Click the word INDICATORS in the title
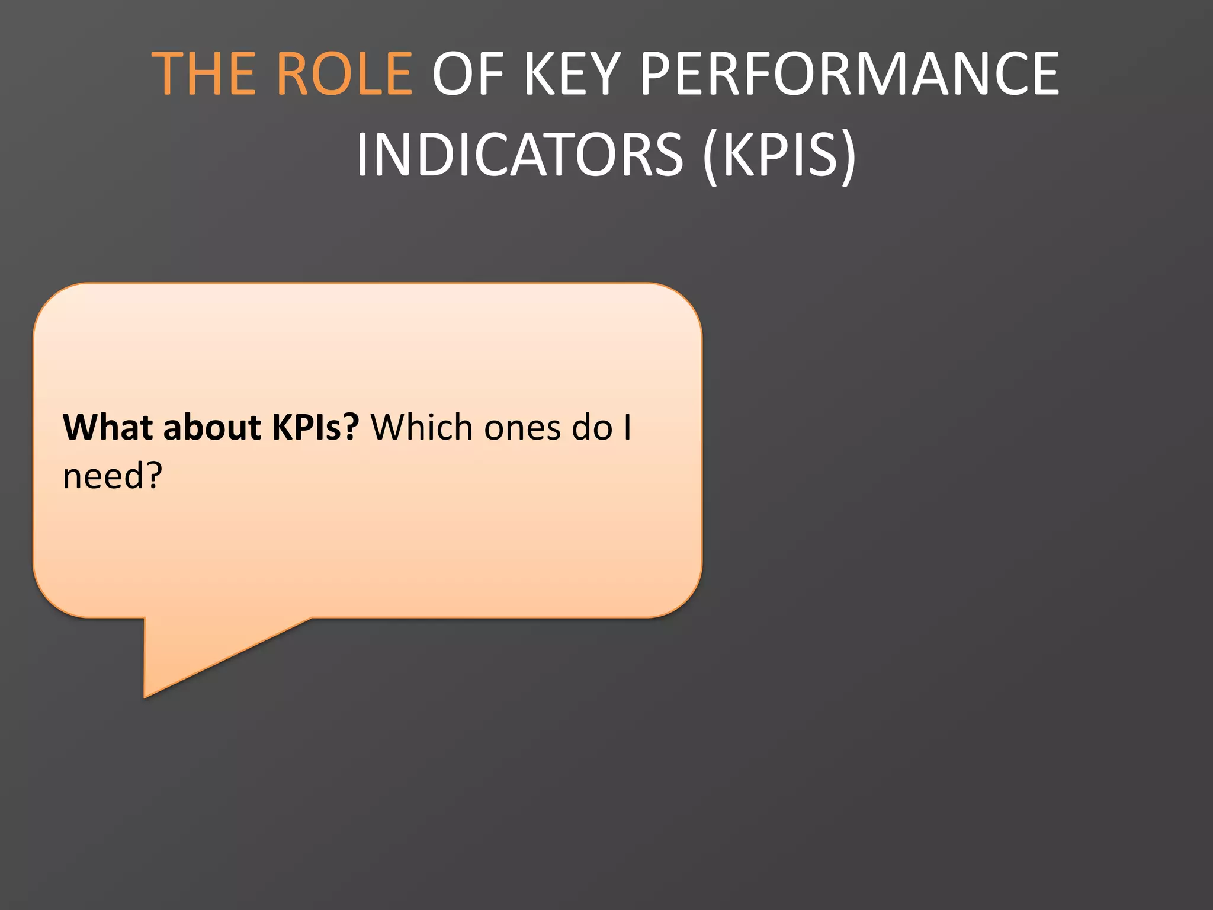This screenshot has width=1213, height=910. [x=519, y=155]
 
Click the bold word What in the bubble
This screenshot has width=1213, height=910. [x=108, y=427]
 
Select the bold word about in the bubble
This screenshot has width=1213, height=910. [x=212, y=427]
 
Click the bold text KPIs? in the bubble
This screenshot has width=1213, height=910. [x=315, y=427]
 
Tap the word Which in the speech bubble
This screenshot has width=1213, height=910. [x=422, y=427]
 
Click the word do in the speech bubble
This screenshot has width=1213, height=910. [x=592, y=427]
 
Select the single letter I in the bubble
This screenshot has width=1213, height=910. [x=627, y=427]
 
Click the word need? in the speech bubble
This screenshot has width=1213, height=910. [x=113, y=476]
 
